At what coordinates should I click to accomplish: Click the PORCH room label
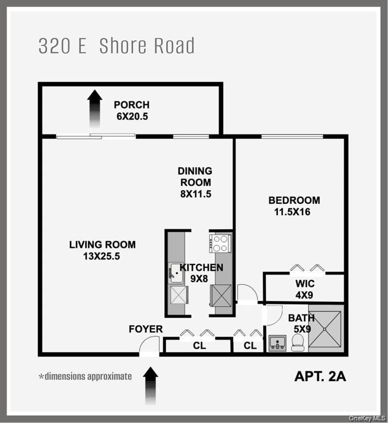[x=132, y=105]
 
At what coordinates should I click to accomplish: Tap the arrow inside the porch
[x=95, y=109]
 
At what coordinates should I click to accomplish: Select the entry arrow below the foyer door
[x=150, y=386]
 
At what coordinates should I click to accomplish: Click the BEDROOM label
[x=294, y=200]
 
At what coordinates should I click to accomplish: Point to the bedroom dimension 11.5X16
[x=289, y=211]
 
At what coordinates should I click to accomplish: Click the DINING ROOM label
[x=195, y=177]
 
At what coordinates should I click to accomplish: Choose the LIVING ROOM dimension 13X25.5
[x=102, y=256]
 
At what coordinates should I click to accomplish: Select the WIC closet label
[x=304, y=284]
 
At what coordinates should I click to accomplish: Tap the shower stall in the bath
[x=325, y=329]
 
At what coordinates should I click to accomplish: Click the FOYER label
[x=145, y=329]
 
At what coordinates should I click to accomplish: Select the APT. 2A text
[x=320, y=377]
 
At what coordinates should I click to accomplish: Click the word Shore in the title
[x=125, y=46]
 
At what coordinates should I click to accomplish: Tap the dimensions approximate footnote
[x=85, y=377]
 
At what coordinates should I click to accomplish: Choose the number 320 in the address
[x=55, y=46]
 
